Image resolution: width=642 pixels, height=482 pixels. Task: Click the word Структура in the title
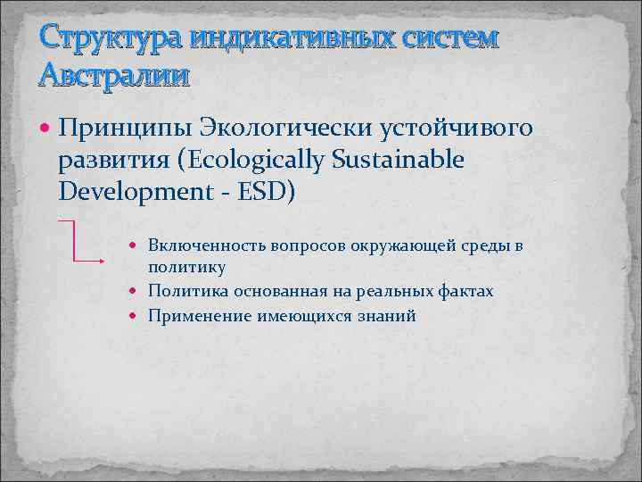tap(92, 40)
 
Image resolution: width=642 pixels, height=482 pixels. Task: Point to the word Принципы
tap(125, 129)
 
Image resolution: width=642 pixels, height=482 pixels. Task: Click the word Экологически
tap(285, 129)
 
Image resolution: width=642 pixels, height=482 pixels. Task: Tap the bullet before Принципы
tap(47, 129)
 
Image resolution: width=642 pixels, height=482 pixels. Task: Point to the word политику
tap(187, 267)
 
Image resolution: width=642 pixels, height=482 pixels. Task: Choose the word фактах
tap(465, 291)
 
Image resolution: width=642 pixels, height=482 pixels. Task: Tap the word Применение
tap(199, 316)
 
